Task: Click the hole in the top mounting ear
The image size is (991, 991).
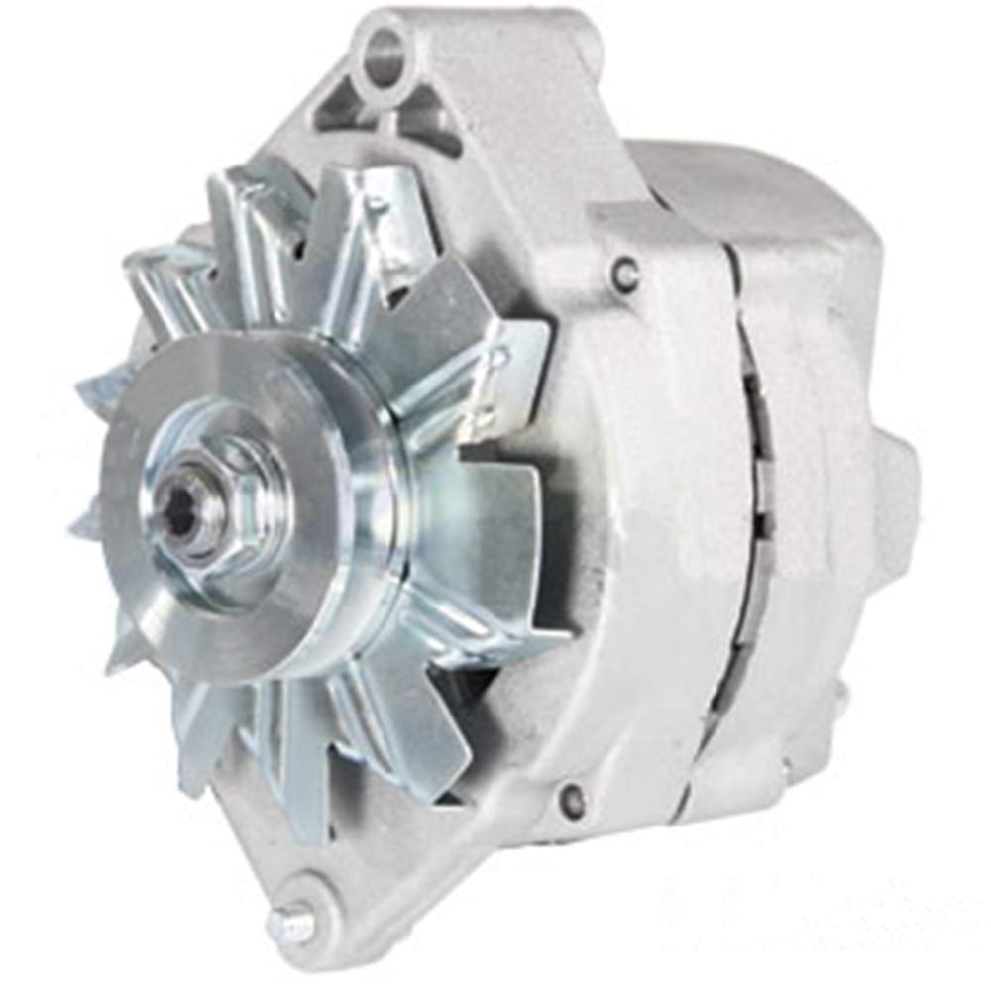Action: [x=385, y=46]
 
